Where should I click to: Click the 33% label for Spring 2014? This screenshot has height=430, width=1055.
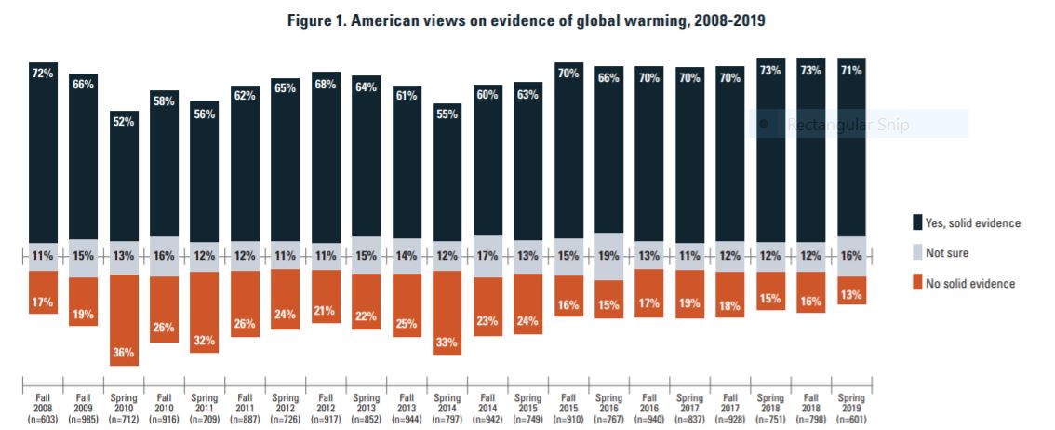[x=447, y=342]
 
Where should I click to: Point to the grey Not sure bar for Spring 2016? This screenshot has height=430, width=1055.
[x=608, y=256]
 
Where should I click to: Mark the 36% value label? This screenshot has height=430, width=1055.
[x=124, y=353]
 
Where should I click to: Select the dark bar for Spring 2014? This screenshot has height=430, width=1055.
[x=447, y=177]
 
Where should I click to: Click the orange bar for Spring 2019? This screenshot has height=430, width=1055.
[x=851, y=290]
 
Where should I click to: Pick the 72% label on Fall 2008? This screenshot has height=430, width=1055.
[x=43, y=73]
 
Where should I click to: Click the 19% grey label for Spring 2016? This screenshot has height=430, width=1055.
[x=608, y=256]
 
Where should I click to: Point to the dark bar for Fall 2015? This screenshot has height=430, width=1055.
[x=568, y=154]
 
